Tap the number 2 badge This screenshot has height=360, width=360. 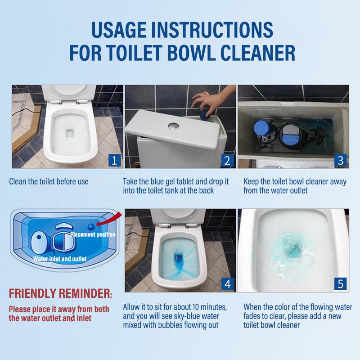227,159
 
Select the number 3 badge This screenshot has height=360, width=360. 340,160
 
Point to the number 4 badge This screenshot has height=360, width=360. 227,283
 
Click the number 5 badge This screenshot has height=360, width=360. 340,283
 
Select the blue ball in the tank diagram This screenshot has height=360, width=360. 91,228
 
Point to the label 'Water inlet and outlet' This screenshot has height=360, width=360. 60,259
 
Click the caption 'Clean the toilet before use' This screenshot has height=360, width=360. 49,182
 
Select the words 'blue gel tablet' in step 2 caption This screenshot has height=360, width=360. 175,182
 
